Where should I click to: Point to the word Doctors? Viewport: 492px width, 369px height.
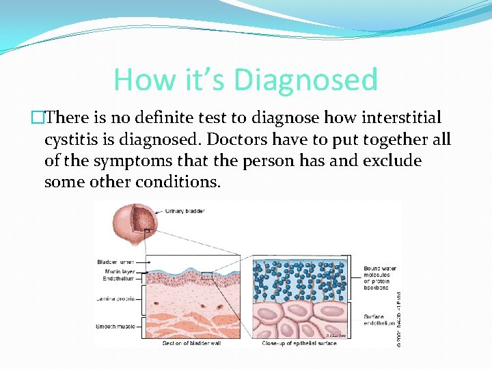(x=235, y=139)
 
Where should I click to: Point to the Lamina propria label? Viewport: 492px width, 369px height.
(x=114, y=299)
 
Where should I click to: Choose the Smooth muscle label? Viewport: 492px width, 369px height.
(x=114, y=327)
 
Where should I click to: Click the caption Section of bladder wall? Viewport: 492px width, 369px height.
(x=192, y=343)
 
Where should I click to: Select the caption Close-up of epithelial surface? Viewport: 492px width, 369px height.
(x=299, y=343)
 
